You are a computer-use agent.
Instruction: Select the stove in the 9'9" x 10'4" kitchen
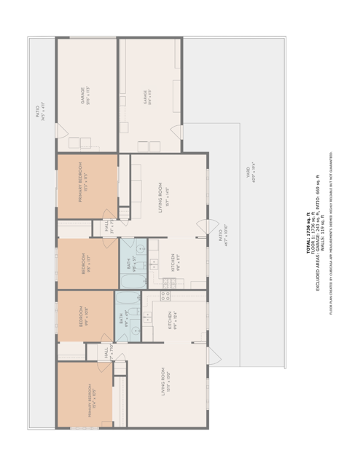point(165,296)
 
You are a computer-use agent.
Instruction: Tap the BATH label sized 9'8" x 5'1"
point(133,262)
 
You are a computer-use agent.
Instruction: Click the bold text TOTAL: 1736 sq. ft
point(308,233)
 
